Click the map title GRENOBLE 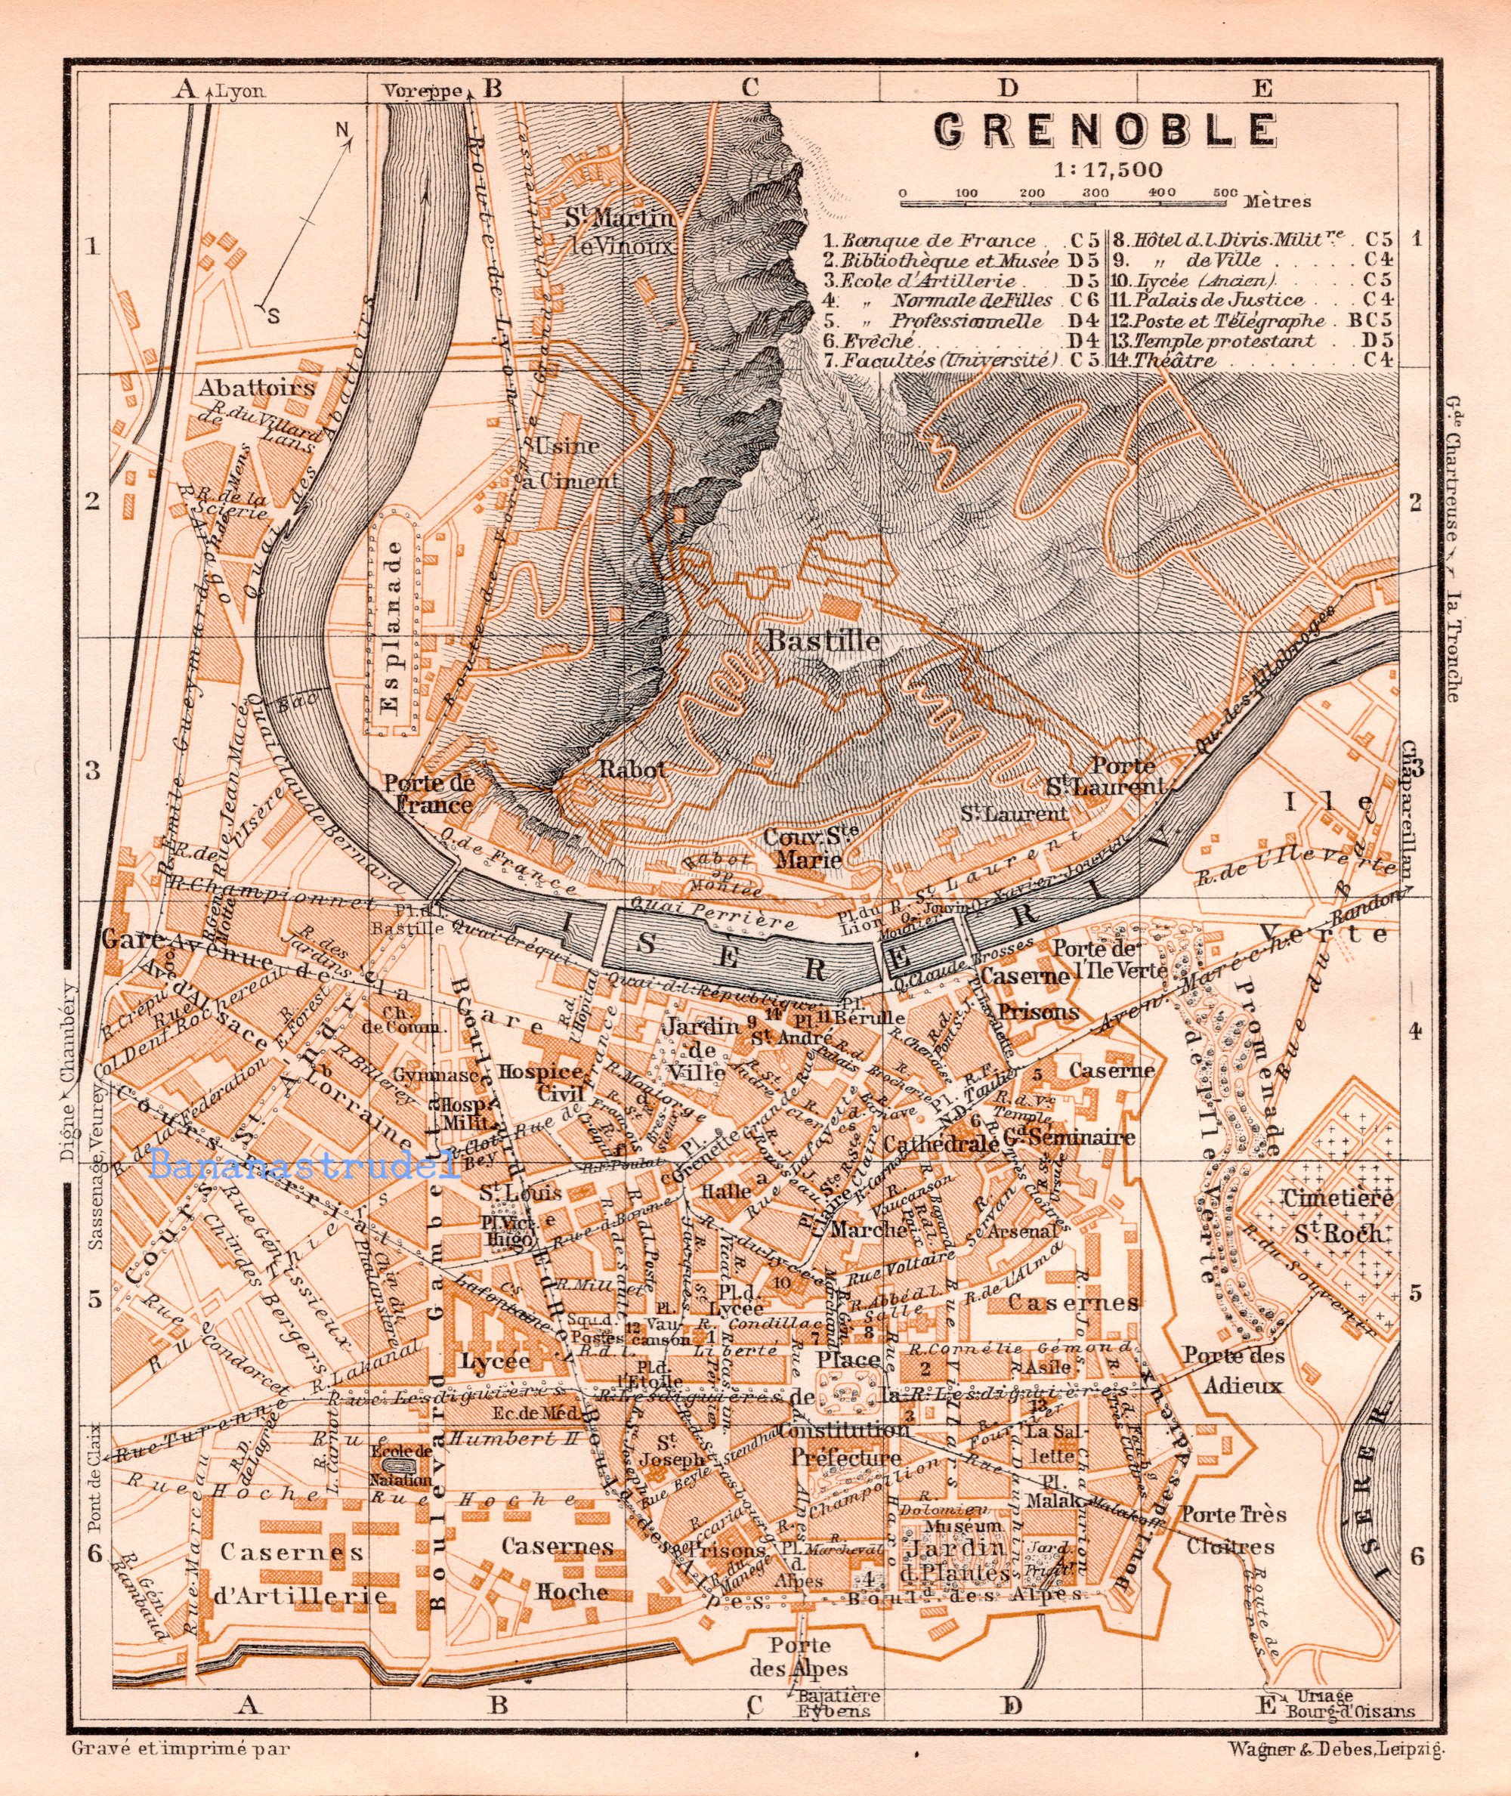pos(1105,130)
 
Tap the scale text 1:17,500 pos(1108,168)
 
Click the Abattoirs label pos(257,387)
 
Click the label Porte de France pos(428,793)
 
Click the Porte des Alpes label pos(799,1657)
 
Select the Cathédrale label pos(941,1143)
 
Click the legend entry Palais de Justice pos(1218,301)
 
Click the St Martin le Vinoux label pos(619,230)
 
